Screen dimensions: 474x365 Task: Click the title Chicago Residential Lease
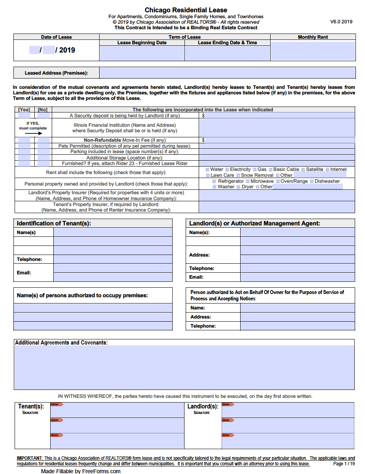point(186,10)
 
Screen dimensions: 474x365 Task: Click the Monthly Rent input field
point(312,51)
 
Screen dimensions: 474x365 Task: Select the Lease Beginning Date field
point(142,53)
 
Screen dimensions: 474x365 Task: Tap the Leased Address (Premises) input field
point(227,73)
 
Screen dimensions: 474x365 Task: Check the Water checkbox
point(207,170)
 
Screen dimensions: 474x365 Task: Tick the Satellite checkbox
point(303,170)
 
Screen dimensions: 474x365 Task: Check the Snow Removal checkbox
point(238,176)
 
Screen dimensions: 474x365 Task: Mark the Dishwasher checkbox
point(312,182)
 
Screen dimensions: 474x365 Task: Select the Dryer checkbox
point(239,187)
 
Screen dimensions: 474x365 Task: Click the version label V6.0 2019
point(341,22)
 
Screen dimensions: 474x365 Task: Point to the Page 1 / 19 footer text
point(344,464)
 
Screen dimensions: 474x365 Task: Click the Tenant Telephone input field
point(113,259)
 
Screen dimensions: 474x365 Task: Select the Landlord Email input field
point(297,277)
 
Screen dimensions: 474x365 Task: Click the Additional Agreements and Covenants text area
point(184,367)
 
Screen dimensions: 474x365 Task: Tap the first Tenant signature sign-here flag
point(57,405)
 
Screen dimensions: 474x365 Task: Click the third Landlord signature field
point(288,440)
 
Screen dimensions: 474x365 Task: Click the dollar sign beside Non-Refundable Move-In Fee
point(203,140)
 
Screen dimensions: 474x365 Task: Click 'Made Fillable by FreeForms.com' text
point(81,471)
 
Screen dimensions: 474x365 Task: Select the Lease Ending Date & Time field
point(227,53)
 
